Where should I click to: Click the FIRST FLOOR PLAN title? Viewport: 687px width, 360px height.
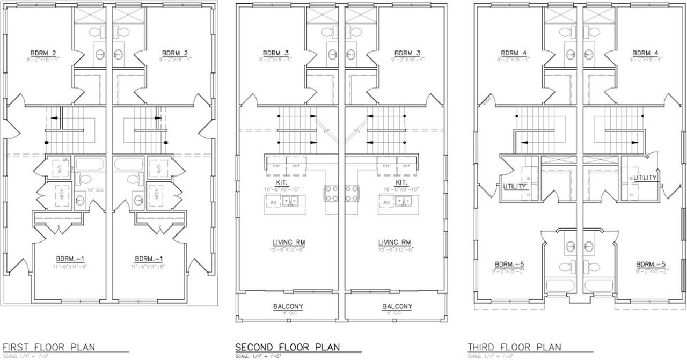click(x=49, y=347)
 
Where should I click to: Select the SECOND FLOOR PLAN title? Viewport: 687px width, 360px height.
click(x=287, y=347)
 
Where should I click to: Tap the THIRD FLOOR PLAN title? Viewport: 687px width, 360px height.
click(x=514, y=347)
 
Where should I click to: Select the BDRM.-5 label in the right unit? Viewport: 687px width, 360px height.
click(x=651, y=264)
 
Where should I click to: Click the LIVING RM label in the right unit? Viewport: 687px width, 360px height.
click(x=394, y=242)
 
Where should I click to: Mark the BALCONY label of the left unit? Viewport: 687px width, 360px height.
click(x=288, y=307)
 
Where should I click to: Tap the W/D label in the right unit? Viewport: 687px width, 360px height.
click(x=159, y=167)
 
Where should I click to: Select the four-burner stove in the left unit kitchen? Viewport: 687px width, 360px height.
click(x=331, y=193)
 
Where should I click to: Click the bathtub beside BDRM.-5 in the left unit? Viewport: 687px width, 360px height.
click(x=560, y=285)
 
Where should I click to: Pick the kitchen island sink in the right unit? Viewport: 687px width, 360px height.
click(x=403, y=201)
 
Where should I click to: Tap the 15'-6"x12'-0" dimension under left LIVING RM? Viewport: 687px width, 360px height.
click(x=288, y=249)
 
